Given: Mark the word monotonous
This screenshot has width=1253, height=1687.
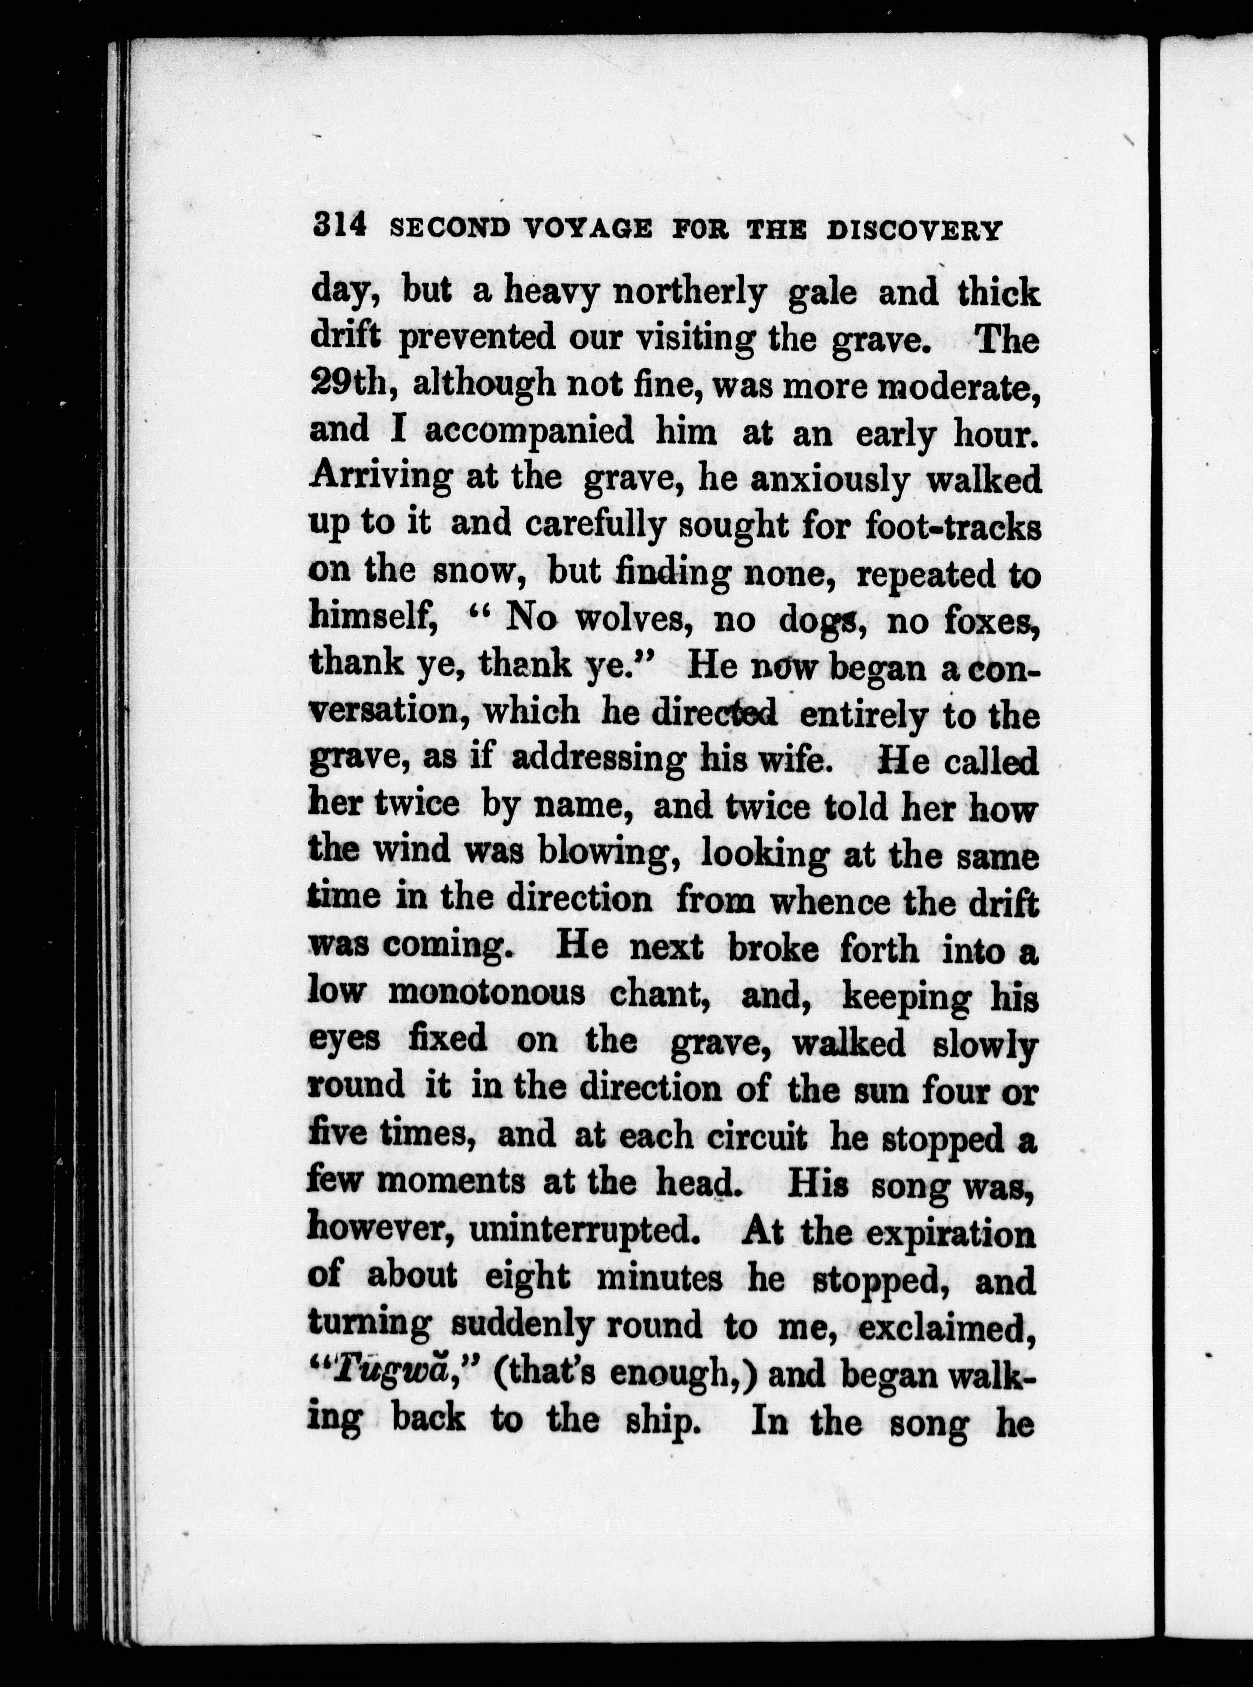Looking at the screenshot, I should point(486,993).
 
